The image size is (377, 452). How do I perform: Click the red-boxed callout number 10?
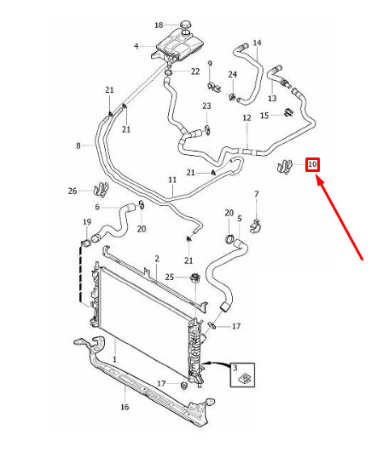tap(312, 164)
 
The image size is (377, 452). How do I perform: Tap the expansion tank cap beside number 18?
tap(186, 25)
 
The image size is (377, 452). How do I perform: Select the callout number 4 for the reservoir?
tap(136, 46)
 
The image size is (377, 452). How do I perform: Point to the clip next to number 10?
tap(285, 167)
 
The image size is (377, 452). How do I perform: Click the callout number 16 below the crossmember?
tap(125, 407)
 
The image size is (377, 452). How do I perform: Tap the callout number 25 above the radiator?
tap(170, 277)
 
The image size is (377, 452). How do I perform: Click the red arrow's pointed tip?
tap(318, 177)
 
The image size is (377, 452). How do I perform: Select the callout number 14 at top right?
tap(257, 43)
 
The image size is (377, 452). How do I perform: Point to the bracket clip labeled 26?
tap(101, 190)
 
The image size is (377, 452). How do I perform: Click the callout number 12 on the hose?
tap(246, 118)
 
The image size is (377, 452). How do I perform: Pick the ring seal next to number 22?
tap(168, 72)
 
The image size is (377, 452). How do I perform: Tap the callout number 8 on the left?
tap(78, 146)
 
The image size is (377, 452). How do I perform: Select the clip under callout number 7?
tap(255, 227)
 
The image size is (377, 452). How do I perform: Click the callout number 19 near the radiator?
tap(87, 222)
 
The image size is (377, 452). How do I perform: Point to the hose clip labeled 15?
tap(289, 112)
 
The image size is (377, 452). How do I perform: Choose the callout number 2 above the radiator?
tap(157, 259)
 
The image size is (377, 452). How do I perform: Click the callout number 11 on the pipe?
tap(172, 180)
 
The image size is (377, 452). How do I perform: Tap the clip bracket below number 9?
tap(214, 88)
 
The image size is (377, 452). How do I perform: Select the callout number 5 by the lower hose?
tap(240, 219)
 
